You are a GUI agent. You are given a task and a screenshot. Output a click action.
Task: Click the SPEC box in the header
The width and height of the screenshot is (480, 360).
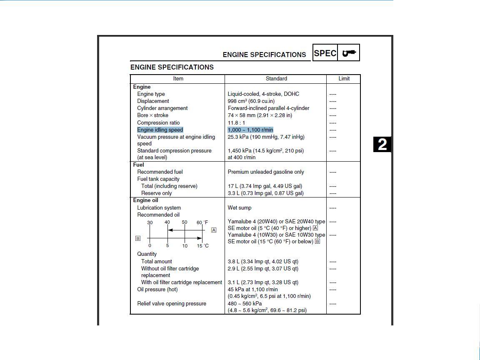coord(325,53)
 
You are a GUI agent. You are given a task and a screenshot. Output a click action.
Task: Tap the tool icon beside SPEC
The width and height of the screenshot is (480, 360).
coord(349,53)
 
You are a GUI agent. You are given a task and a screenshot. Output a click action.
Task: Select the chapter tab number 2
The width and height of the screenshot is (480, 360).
coord(382,145)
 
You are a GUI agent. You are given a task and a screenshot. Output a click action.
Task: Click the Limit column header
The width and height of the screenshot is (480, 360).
coord(344,78)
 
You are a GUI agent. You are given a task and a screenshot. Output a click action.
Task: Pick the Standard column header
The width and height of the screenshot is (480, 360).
coord(276,78)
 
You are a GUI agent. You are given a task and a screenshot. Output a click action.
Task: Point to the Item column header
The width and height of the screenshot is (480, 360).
coord(178,78)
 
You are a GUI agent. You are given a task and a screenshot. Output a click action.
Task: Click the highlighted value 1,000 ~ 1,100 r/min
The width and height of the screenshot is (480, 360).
coord(250,130)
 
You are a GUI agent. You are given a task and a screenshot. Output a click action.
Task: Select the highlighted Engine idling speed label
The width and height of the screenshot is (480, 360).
coord(160,130)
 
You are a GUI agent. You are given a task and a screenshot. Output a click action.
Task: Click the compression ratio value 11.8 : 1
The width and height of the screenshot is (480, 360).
coord(236,123)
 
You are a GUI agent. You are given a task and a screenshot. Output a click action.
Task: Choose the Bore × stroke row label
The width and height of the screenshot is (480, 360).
coord(152,115)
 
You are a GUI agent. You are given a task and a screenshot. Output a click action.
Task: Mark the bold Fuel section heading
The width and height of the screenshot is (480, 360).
coord(138,165)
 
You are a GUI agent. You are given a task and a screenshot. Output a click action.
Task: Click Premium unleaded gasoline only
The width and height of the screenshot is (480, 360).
coord(266,172)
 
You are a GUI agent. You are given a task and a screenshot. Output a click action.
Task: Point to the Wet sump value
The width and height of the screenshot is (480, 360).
coord(240,207)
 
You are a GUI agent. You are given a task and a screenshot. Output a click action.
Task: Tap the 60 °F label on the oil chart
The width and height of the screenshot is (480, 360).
coord(202,222)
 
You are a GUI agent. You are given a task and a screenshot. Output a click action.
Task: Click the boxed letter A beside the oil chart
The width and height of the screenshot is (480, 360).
coord(214,230)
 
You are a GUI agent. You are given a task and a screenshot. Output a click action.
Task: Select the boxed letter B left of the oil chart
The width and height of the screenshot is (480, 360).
coord(138,238)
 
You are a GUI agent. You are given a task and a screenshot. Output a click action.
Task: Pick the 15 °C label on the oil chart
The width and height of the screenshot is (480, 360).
coord(203,246)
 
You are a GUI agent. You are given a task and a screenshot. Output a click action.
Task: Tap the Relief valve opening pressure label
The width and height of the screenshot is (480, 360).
coord(172,303)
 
